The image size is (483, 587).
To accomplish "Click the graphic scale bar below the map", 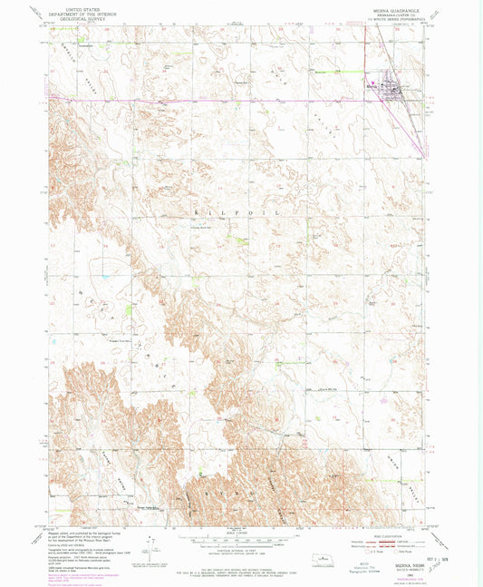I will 241,538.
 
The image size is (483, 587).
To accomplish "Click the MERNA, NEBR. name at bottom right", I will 405,561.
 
